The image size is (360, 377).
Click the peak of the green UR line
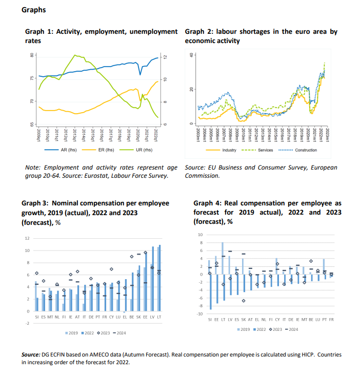click(x=75, y=55)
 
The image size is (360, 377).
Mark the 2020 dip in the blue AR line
click(x=140, y=74)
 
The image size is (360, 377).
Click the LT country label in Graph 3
click(x=159, y=318)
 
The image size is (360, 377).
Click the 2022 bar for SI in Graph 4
click(x=211, y=292)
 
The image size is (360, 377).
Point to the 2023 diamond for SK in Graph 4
click(x=244, y=300)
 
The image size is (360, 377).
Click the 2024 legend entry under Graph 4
click(x=293, y=329)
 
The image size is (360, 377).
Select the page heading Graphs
click(x=34, y=10)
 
